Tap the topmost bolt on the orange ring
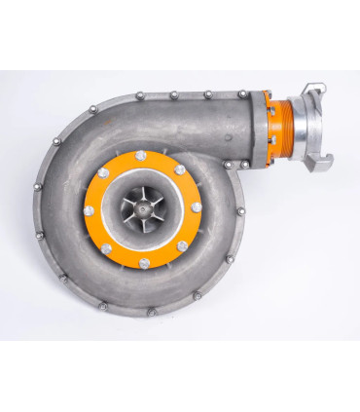click(141, 155)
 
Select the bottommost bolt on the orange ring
click(145, 263)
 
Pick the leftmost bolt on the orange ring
click(90, 210)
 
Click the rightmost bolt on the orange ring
click(198, 206)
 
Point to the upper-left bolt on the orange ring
click(103, 172)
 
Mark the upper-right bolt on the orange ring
click(180, 169)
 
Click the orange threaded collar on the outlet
click(283, 131)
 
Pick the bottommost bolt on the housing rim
click(151, 313)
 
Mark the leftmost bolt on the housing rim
click(36, 186)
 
